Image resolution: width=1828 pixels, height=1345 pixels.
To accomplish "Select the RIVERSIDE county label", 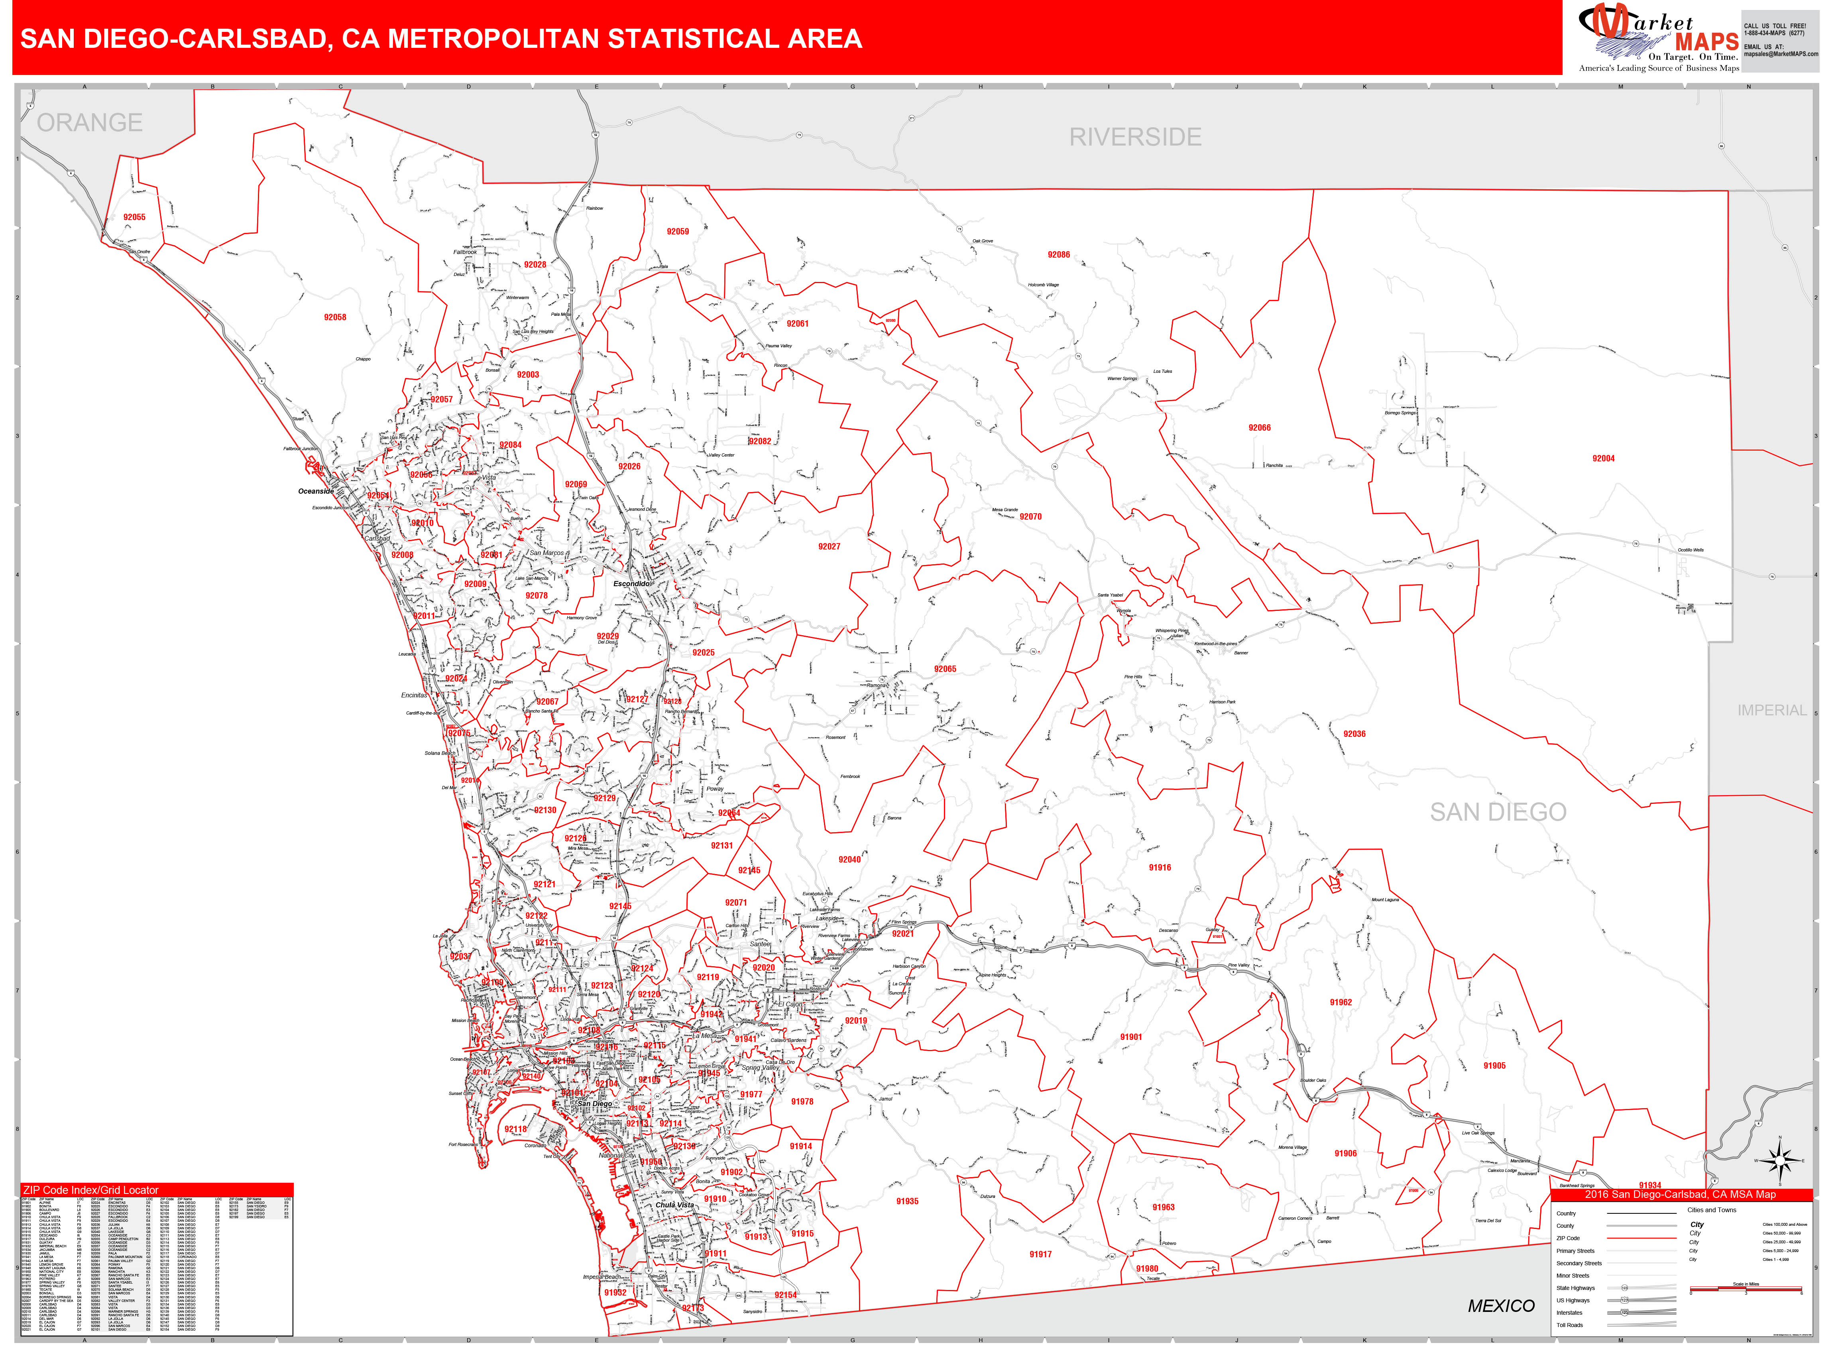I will coord(1134,137).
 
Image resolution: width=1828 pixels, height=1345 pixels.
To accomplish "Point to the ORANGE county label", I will coord(90,122).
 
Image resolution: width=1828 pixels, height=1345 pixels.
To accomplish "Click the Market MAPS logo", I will coord(1658,37).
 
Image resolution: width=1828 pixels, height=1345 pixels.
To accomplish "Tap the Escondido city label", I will coord(631,584).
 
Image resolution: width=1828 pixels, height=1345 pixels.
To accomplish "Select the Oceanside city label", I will coord(316,491).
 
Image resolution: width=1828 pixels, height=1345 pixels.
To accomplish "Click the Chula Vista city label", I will coord(675,1204).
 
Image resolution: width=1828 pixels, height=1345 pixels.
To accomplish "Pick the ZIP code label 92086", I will coord(1058,255).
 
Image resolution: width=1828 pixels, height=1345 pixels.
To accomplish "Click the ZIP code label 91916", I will coord(1159,867).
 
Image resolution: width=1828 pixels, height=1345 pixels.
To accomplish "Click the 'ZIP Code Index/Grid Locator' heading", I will coord(90,1189).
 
